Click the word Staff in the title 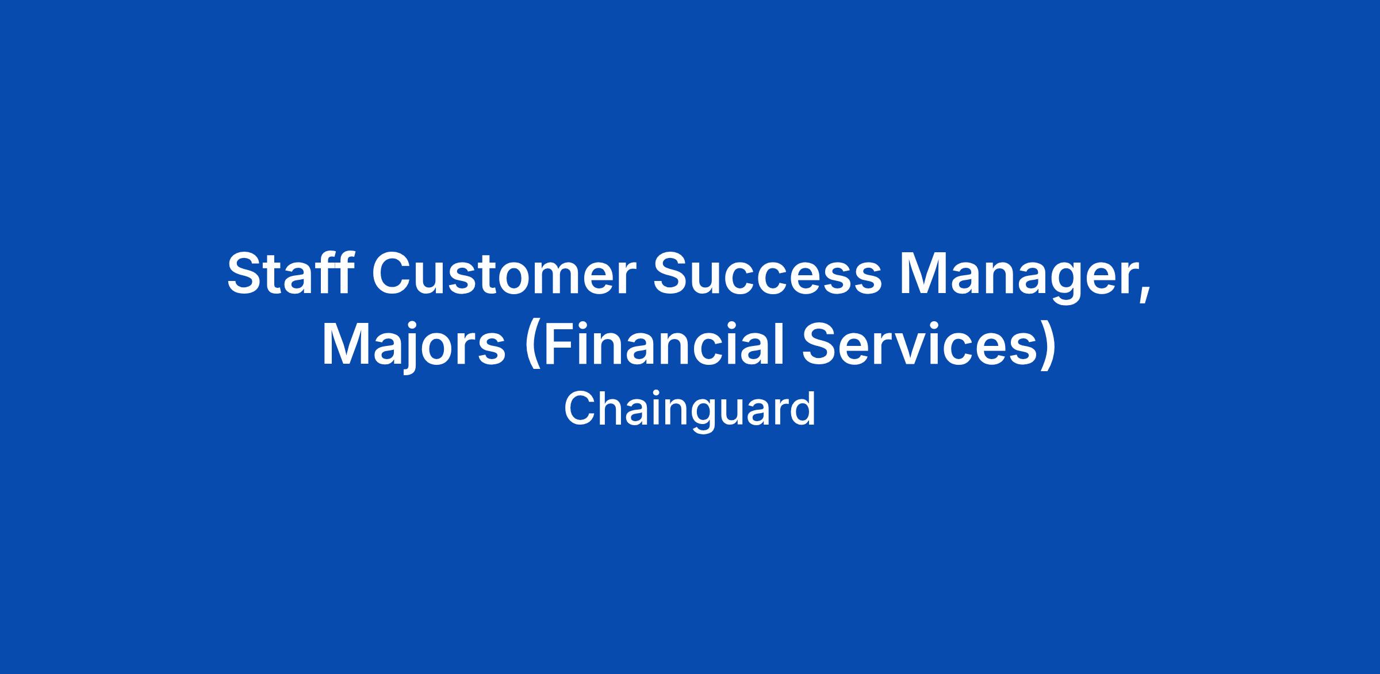coord(290,273)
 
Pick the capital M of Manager coord(923,274)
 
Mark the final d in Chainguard coord(804,409)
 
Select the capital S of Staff coord(244,274)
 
